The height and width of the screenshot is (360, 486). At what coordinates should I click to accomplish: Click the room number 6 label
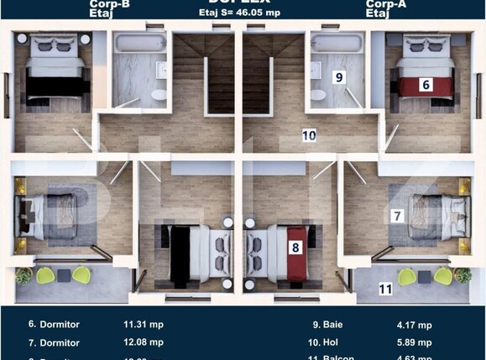point(426,84)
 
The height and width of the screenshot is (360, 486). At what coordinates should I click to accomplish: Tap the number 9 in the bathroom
point(339,77)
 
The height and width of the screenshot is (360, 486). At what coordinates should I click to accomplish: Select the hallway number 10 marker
point(309,134)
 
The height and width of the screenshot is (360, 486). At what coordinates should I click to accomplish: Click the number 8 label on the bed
point(295,247)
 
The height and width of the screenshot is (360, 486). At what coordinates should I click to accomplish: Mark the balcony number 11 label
point(385,290)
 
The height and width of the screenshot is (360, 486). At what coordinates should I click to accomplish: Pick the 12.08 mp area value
point(144,342)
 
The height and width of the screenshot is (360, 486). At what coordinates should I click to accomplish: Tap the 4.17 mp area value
point(413,325)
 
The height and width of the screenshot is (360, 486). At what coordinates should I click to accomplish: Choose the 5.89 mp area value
point(413,342)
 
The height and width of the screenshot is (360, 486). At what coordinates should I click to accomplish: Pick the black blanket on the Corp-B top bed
point(58,86)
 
